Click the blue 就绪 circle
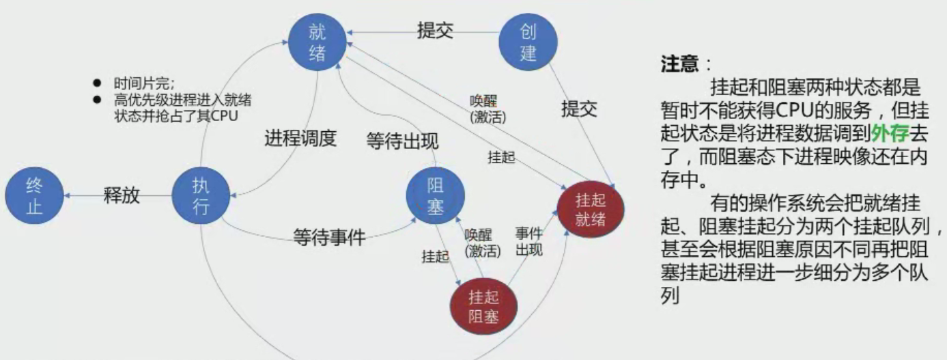pyautogui.click(x=317, y=42)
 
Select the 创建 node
pyautogui.click(x=528, y=42)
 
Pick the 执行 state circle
pyautogui.click(x=201, y=196)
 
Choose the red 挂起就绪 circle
pyautogui.click(x=591, y=210)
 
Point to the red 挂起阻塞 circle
pyautogui.click(x=483, y=307)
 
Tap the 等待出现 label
pyautogui.click(x=402, y=141)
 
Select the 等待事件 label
pyautogui.click(x=329, y=236)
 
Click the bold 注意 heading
pyautogui.click(x=679, y=65)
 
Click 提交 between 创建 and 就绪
pyautogui.click(x=436, y=31)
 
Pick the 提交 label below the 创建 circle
pyautogui.click(x=579, y=109)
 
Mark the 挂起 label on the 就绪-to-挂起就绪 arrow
pyautogui.click(x=501, y=156)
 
